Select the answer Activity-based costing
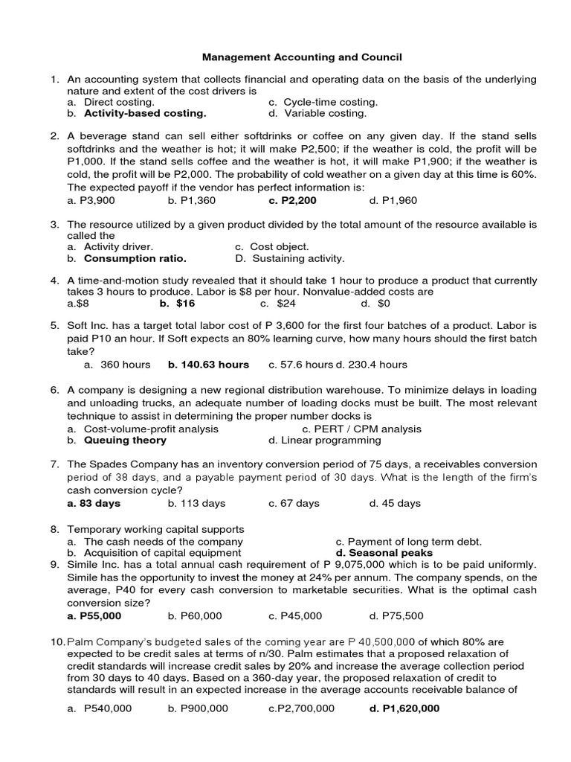[x=145, y=114]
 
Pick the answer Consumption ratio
[x=135, y=258]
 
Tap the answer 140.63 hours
[x=208, y=365]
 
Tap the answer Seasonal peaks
[x=384, y=553]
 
